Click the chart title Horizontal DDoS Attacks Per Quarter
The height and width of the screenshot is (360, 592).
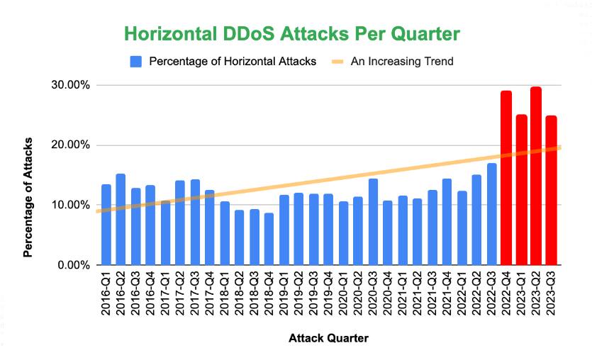click(292, 34)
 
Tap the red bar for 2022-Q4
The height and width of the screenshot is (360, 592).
click(506, 178)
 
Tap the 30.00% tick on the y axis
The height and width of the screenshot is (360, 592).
click(70, 85)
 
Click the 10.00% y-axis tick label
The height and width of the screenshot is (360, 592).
click(70, 206)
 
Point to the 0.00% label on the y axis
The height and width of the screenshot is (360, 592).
click(73, 265)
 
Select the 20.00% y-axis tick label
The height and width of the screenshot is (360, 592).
click(70, 145)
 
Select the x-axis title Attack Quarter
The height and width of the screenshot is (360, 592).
click(328, 339)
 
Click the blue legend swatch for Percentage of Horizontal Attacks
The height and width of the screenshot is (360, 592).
click(136, 62)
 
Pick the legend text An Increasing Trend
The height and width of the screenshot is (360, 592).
click(402, 62)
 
